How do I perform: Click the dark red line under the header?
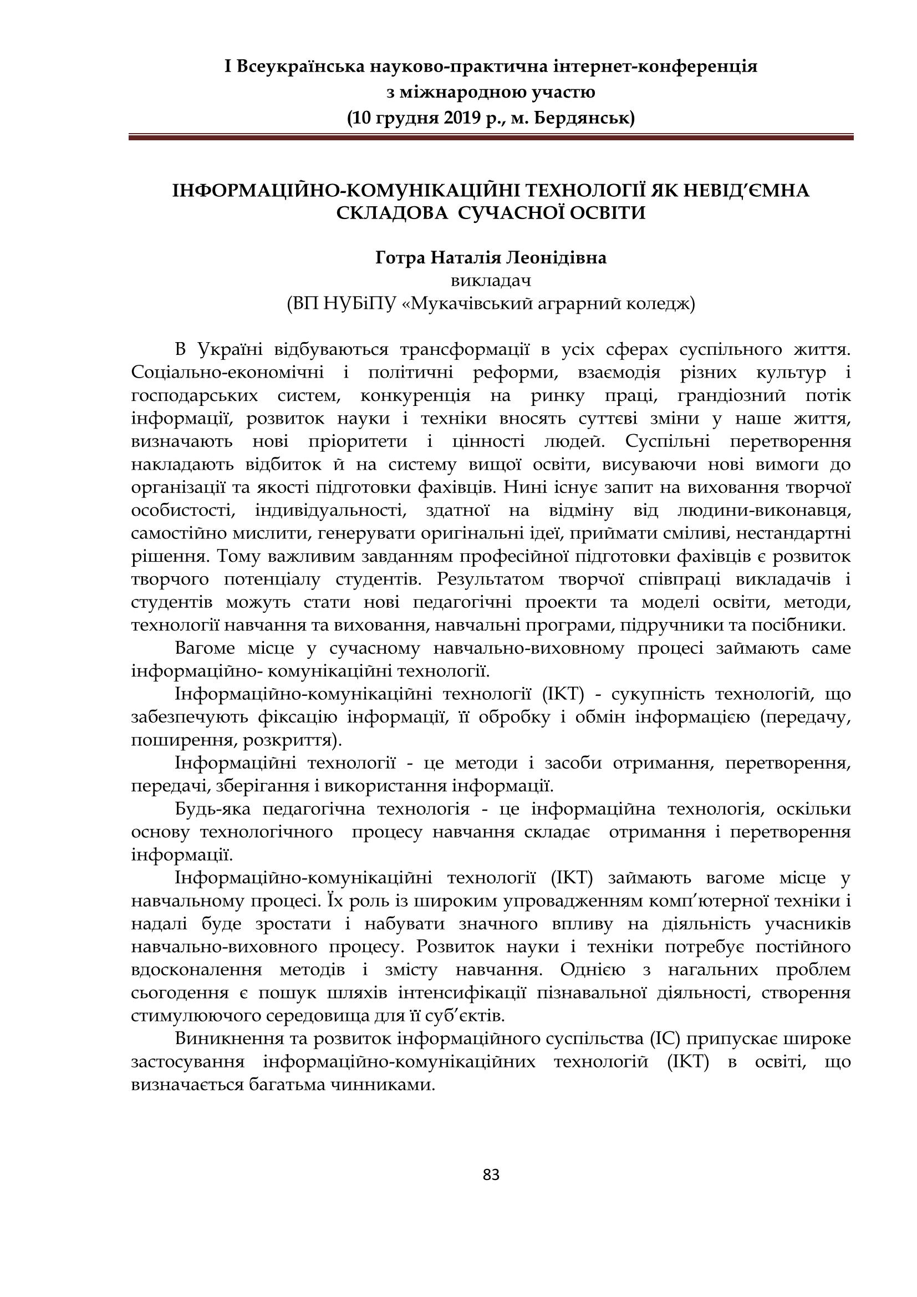[x=490, y=137]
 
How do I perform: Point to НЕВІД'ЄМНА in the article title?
[x=746, y=190]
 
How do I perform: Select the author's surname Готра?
[x=400, y=258]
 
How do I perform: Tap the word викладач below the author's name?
[x=491, y=280]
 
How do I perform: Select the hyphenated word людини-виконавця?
[x=763, y=511]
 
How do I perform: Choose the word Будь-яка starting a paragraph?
[x=212, y=809]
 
